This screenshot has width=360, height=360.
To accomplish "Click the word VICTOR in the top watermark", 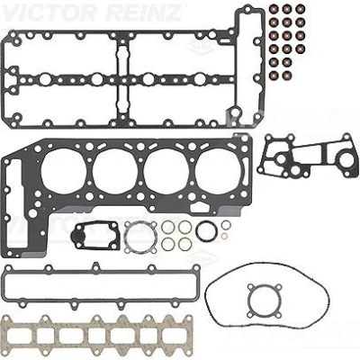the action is [48, 13].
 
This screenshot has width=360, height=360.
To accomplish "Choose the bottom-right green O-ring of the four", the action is [184, 244].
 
